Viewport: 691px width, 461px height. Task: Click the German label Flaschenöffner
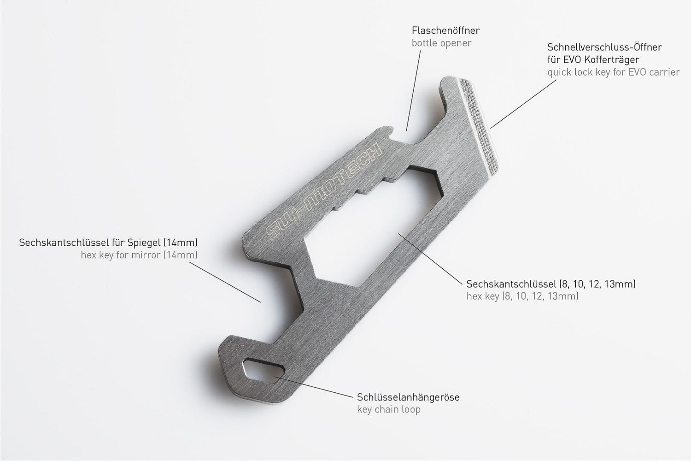tap(445, 31)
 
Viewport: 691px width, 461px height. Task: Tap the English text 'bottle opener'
tap(441, 43)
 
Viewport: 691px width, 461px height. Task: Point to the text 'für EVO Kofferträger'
tap(593, 60)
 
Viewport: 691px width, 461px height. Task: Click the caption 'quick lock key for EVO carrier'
tap(613, 72)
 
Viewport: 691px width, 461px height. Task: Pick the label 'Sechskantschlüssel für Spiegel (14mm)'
tap(108, 242)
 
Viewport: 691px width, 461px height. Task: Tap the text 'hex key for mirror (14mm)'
tap(139, 255)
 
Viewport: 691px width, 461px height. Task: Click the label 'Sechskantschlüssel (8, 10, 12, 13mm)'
tap(551, 284)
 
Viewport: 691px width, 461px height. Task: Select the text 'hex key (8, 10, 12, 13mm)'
tap(522, 296)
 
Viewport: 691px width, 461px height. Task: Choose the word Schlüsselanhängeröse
tap(408, 397)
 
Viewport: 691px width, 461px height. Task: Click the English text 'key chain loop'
tap(389, 409)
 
